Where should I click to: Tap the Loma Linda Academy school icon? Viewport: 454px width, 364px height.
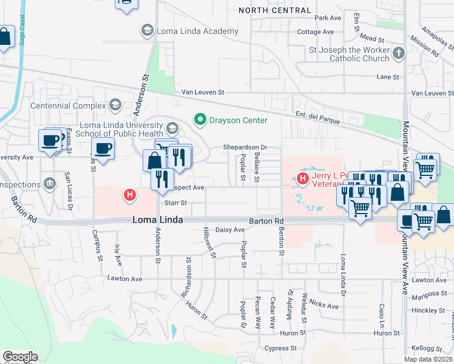pos(147,30)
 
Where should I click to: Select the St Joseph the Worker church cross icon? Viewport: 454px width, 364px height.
pos(399,53)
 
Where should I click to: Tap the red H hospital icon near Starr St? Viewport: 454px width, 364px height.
pos(129,195)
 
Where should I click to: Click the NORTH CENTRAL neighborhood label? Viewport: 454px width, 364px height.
pos(275,10)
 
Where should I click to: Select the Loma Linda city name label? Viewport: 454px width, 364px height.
pos(158,221)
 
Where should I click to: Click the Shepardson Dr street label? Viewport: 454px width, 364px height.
pos(245,147)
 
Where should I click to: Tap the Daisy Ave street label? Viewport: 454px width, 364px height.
pos(230,230)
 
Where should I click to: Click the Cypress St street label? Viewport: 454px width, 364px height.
pos(280,348)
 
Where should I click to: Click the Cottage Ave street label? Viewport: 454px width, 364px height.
pos(316,32)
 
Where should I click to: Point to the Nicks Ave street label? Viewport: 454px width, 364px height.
pos(324,306)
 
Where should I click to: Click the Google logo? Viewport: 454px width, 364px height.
pos(20,357)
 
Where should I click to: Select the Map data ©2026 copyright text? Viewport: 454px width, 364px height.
pos(428,359)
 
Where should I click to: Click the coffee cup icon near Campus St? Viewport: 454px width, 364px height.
pos(103,149)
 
